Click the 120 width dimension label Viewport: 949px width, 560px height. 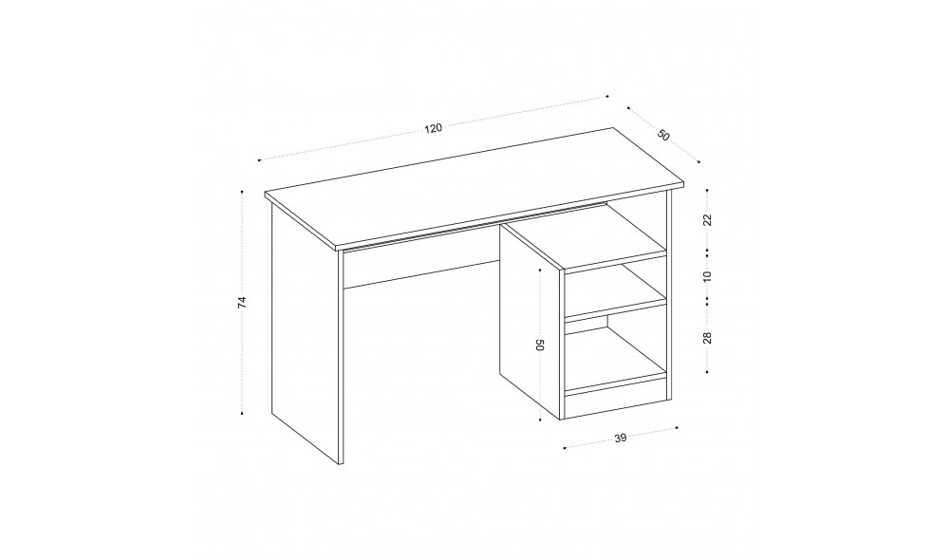434,128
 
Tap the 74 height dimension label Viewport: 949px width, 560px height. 242,303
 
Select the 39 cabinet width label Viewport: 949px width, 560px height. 621,439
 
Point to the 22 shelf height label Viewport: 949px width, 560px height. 707,220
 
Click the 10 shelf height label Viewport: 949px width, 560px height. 707,276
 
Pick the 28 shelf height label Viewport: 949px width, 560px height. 707,338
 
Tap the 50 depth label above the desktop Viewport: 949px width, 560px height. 663,136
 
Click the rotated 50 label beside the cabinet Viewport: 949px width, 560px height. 541,345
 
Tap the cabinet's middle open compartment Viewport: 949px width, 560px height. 616,291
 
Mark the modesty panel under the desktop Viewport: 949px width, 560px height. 421,262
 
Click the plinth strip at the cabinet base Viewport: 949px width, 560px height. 616,401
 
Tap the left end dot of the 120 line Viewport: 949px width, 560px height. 259,160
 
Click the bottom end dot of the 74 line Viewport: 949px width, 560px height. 242,414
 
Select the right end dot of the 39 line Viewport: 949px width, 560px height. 677,428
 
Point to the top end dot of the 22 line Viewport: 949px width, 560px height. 707,190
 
